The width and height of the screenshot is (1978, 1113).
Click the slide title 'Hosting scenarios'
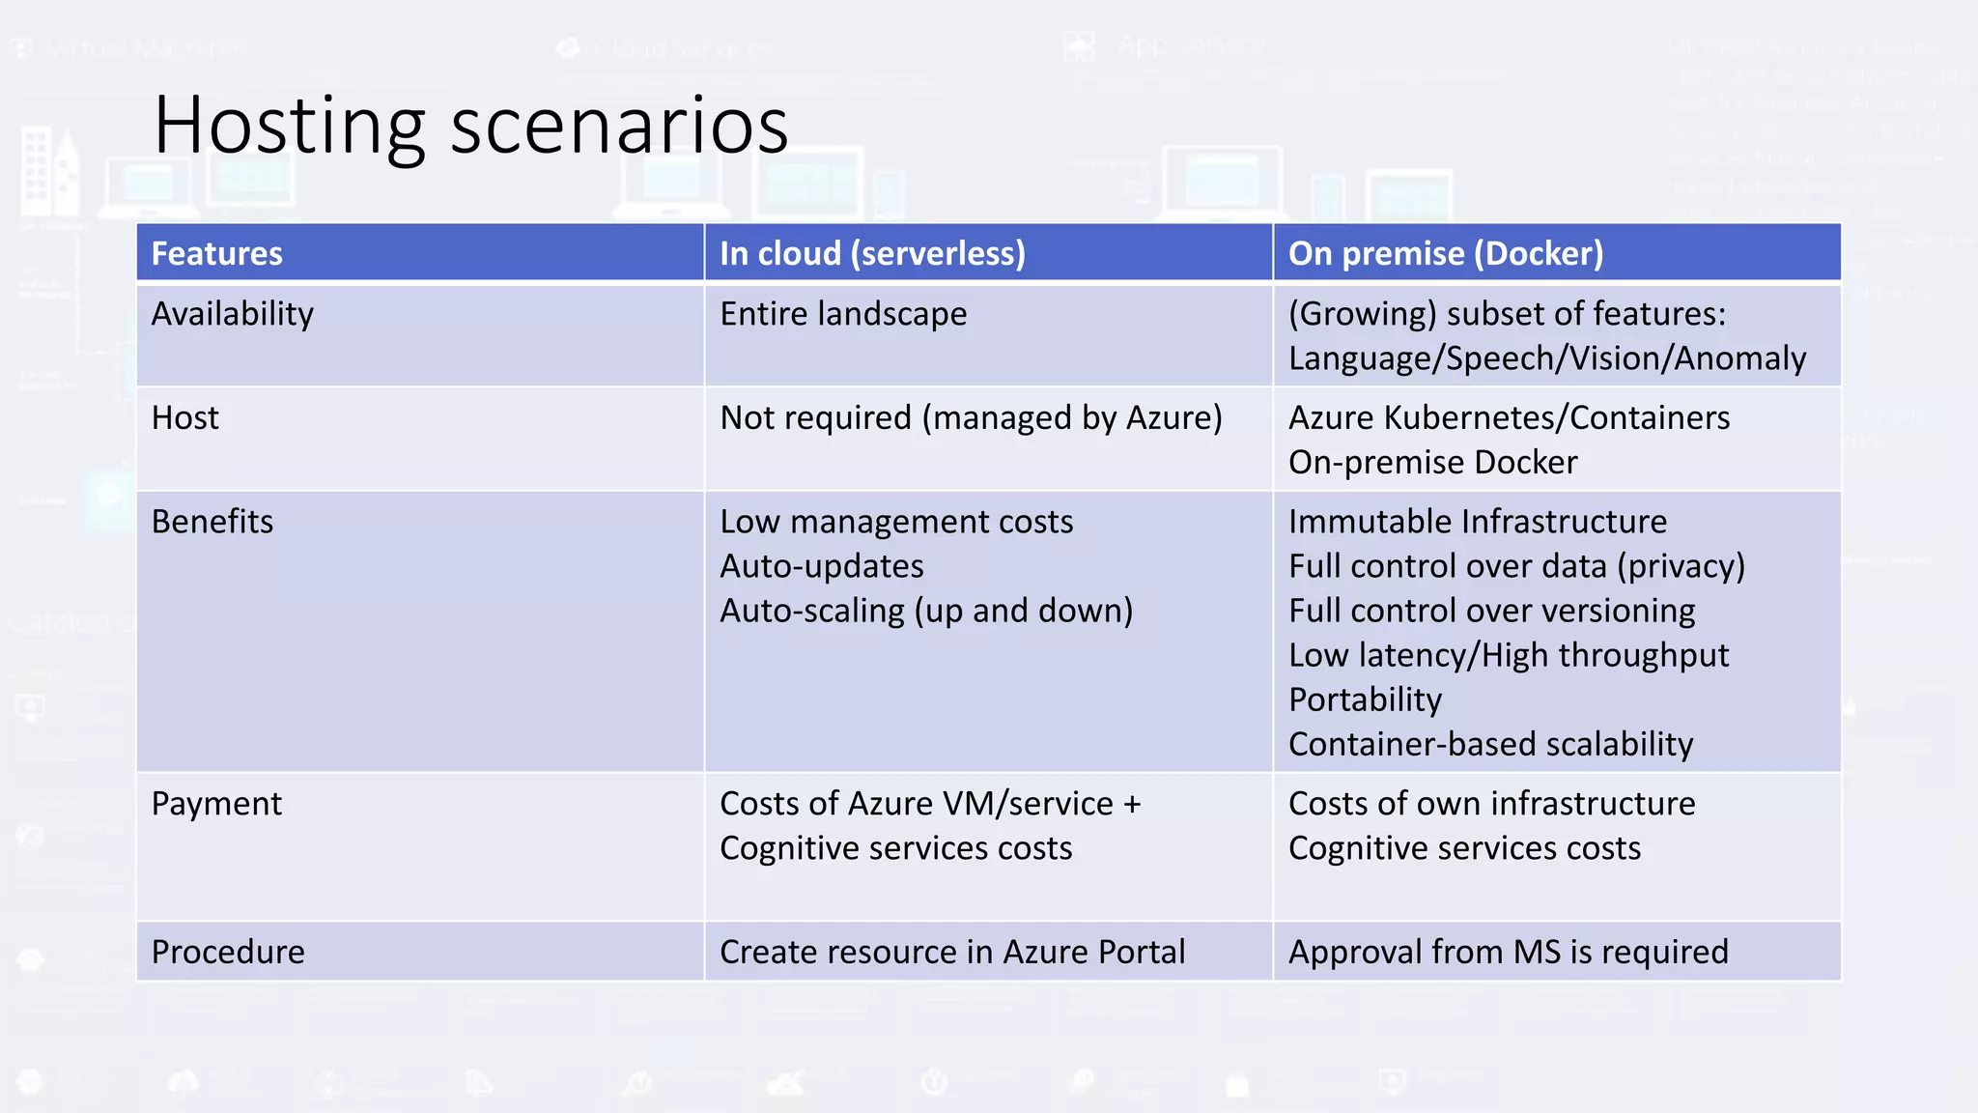point(470,125)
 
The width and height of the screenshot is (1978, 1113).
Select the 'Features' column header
point(217,253)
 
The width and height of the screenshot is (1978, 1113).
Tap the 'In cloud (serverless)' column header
point(872,253)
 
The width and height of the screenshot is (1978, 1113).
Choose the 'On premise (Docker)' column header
point(1446,253)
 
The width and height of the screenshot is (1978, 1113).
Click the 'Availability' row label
point(233,314)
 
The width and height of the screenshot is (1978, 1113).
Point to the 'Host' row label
point(185,418)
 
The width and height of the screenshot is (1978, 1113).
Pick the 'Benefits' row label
point(212,522)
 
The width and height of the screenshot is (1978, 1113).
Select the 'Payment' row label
point(216,804)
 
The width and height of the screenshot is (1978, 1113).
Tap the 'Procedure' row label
point(228,953)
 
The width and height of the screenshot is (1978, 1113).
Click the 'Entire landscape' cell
point(843,314)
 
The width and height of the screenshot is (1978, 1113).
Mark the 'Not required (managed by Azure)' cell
point(971,418)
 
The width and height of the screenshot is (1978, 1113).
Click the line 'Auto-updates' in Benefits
point(822,566)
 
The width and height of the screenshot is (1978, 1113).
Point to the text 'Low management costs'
point(896,522)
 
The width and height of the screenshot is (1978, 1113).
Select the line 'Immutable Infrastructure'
point(1478,522)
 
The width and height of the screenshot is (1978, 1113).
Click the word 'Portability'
point(1365,699)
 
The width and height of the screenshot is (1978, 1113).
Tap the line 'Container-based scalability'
point(1490,744)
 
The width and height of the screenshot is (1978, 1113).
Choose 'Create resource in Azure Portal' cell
point(952,953)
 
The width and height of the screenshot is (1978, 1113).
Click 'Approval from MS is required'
point(1509,953)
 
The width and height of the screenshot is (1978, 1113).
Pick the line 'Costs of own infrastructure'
point(1491,804)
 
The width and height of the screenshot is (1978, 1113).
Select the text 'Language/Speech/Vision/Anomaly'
point(1547,358)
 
